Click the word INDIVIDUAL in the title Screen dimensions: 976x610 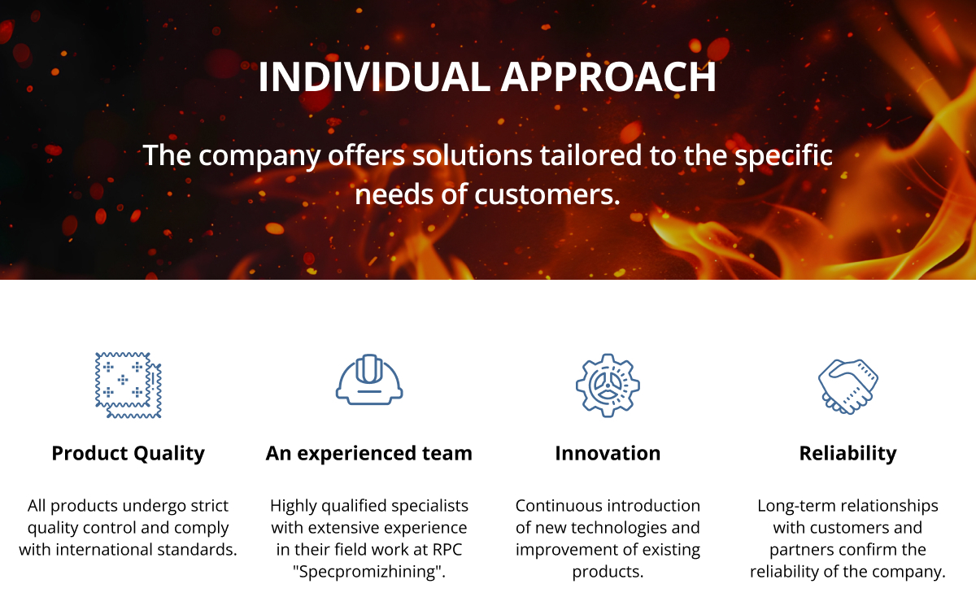tap(374, 76)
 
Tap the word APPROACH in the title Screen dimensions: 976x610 tap(608, 76)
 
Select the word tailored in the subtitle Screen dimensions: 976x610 tap(590, 155)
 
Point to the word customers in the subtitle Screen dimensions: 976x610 tap(547, 194)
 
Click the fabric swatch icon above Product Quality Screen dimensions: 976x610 tap(129, 386)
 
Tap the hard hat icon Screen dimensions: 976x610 tap(369, 380)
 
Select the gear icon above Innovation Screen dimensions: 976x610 tap(608, 386)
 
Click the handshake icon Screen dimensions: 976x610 tap(847, 386)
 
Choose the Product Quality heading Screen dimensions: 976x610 tap(129, 454)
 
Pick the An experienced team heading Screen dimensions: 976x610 tap(369, 454)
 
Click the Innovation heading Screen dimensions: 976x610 tap(608, 454)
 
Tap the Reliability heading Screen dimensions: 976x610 tap(847, 454)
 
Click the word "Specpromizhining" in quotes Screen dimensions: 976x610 tap(369, 572)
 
